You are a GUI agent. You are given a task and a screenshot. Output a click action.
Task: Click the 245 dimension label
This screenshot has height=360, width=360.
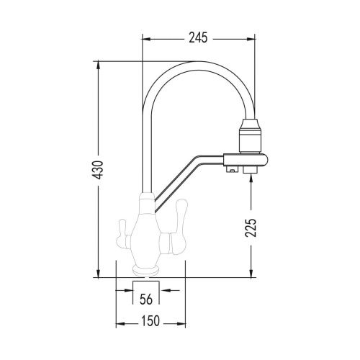click(198, 38)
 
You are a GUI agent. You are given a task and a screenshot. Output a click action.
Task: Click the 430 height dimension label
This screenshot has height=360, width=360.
click(98, 170)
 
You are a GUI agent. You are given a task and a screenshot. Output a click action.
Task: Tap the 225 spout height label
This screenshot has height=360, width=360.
click(251, 228)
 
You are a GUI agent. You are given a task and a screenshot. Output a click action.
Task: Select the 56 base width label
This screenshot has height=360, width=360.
click(146, 299)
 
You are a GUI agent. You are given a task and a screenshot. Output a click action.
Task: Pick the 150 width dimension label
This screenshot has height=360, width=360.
click(150, 321)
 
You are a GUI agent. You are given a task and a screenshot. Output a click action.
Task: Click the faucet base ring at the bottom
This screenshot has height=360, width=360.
click(146, 271)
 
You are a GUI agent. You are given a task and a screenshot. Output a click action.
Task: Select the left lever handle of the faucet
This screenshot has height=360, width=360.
click(125, 235)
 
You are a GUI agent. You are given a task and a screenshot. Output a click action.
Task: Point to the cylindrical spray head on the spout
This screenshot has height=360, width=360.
click(251, 135)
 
